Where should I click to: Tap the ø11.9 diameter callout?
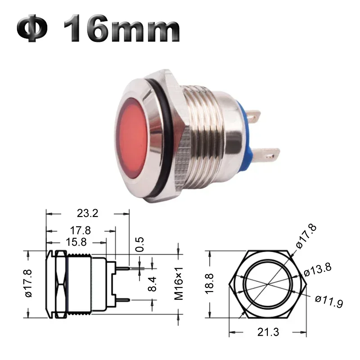tap(329, 301)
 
